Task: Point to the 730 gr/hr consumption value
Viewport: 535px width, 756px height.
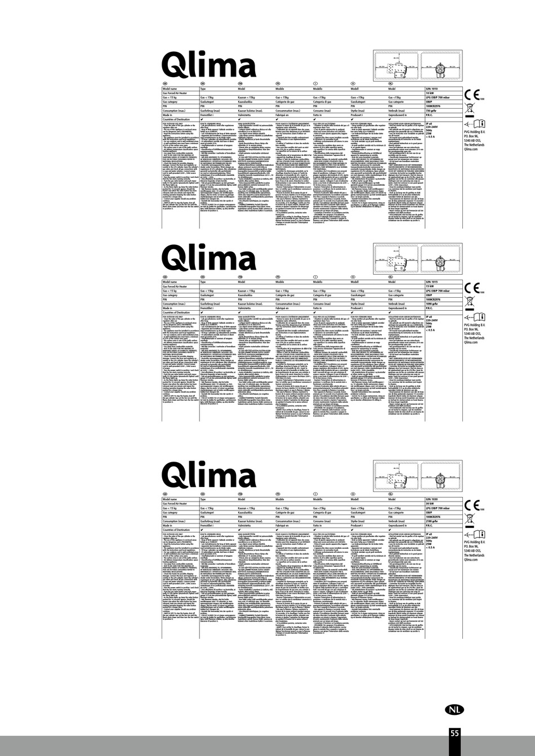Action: click(x=434, y=110)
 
